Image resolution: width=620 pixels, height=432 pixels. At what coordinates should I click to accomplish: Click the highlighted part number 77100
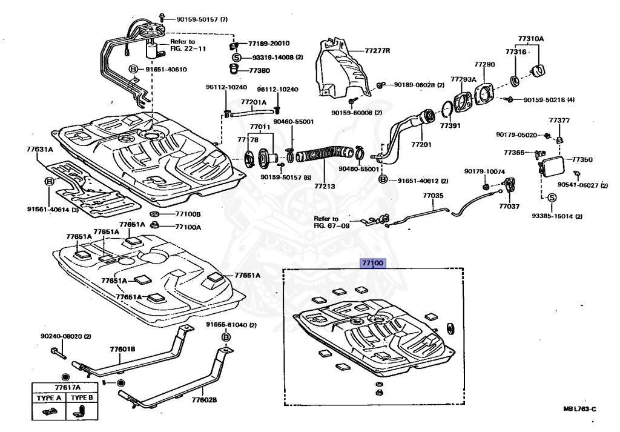[372, 263]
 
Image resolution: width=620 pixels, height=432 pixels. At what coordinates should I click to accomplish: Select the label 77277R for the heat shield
[377, 51]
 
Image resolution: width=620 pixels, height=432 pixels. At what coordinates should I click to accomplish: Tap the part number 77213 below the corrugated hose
[325, 185]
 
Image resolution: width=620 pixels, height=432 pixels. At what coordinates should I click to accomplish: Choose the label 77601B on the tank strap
[122, 349]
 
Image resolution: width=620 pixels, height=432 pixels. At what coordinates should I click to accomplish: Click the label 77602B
[205, 399]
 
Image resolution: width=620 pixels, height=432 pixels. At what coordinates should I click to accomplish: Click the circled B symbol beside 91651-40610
[133, 70]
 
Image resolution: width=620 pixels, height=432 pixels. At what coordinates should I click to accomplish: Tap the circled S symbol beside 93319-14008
[237, 58]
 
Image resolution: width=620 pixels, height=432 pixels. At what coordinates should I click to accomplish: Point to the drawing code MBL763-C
[579, 409]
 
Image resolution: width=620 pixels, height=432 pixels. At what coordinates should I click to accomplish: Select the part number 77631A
[39, 149]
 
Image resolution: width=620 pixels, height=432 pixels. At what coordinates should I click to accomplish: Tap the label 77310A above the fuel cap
[530, 39]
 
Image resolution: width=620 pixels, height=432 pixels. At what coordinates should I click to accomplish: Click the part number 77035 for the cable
[433, 196]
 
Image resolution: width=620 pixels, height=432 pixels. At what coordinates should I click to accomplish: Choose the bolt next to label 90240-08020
[58, 353]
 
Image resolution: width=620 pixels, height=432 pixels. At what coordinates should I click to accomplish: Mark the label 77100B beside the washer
[188, 214]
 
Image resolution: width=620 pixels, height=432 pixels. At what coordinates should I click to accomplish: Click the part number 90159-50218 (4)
[549, 100]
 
